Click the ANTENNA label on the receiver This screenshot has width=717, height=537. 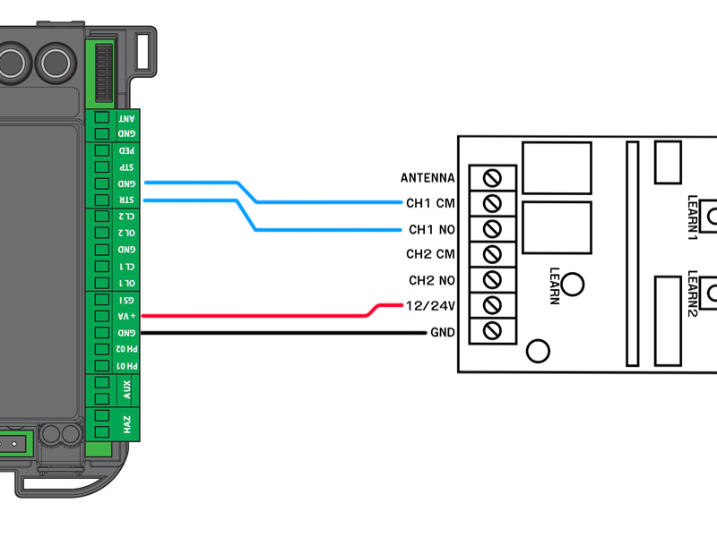[x=428, y=177]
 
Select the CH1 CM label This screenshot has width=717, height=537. [x=430, y=203]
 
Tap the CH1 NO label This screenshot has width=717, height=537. [x=431, y=229]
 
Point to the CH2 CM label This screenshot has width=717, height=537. [x=430, y=255]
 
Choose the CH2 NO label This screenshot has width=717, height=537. [x=431, y=281]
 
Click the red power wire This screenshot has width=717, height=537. [x=269, y=315]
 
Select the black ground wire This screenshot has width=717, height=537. [x=269, y=333]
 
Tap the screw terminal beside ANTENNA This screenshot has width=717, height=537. [x=492, y=175]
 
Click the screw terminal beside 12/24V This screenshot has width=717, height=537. [x=492, y=305]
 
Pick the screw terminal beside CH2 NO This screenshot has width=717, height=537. [x=492, y=279]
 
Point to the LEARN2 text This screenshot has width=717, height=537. [x=692, y=294]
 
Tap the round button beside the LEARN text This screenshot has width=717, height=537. [x=574, y=284]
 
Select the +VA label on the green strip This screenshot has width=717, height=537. [x=128, y=316]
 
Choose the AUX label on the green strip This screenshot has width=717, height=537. [x=127, y=388]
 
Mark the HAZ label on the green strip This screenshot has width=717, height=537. [x=127, y=423]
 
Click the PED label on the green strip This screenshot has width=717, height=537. [x=128, y=151]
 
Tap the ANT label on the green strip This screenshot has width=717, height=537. [x=128, y=118]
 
